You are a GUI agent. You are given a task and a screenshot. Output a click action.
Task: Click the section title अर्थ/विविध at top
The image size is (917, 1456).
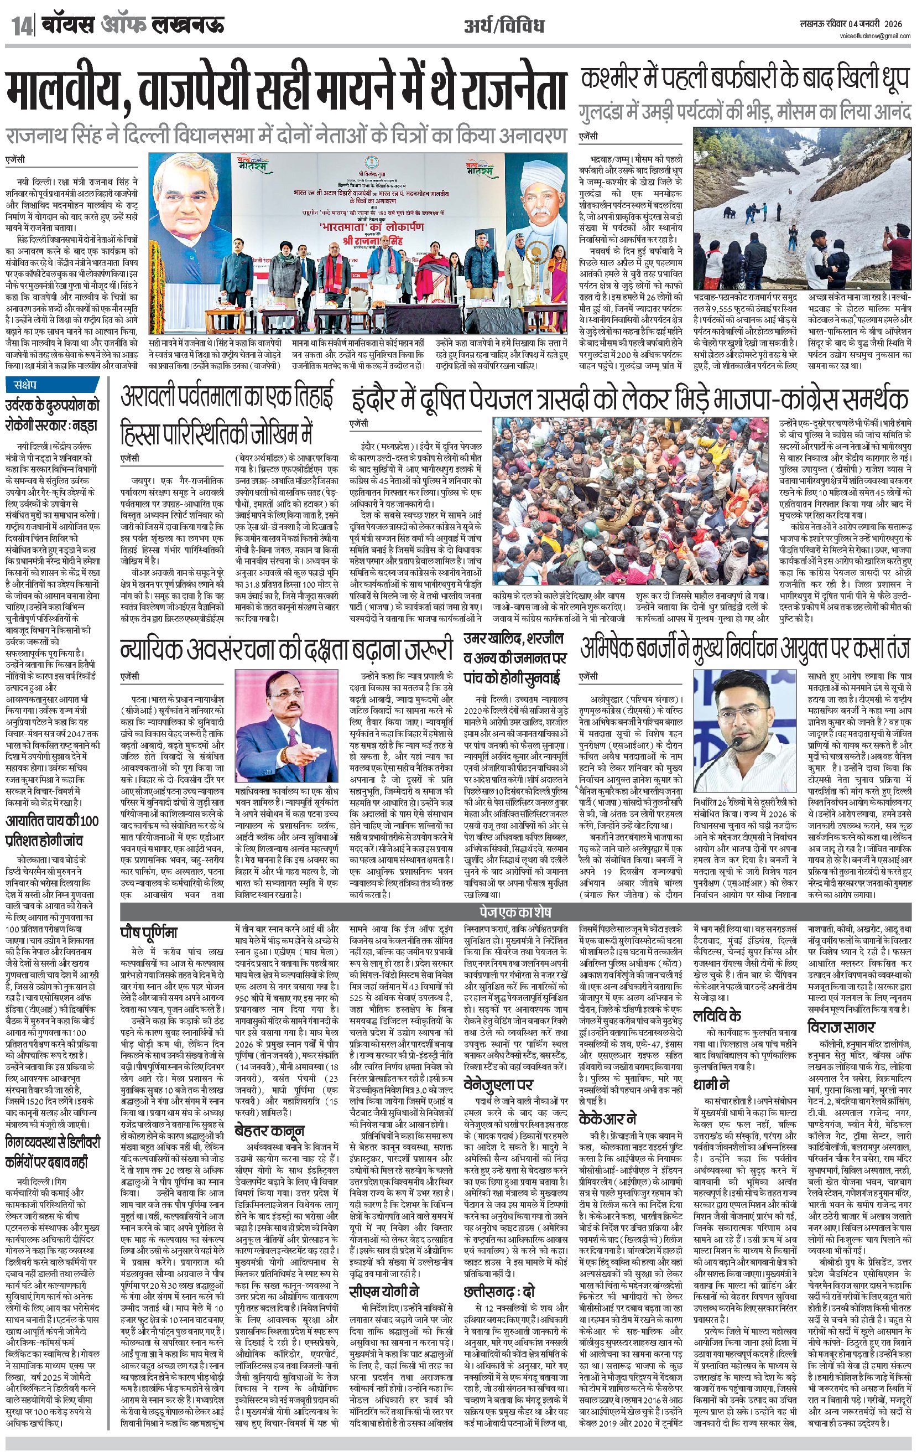[504, 26]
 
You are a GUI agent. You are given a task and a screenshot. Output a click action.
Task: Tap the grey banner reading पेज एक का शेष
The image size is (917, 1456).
[515, 911]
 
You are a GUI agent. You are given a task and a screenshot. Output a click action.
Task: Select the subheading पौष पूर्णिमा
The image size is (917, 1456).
[149, 932]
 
